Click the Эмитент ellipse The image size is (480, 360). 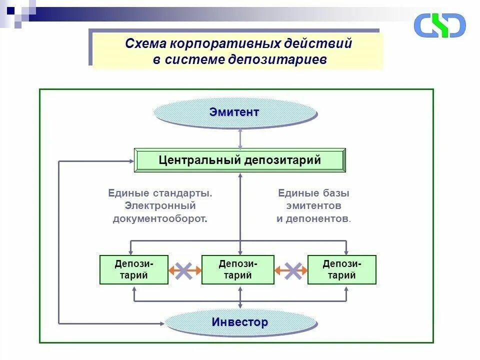coord(235,112)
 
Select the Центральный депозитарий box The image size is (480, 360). coord(239,160)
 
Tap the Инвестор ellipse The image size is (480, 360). coord(240,322)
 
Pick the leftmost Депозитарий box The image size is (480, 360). coord(134,269)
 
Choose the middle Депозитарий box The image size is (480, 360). coord(238,269)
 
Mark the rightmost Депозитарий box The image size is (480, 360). coord(342,269)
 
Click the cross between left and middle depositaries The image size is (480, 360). coord(184,270)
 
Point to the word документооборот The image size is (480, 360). coord(160,218)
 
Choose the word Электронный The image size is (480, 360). coord(160,205)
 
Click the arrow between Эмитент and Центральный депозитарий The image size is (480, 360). coord(240,138)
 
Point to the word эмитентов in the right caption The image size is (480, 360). coord(314,205)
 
